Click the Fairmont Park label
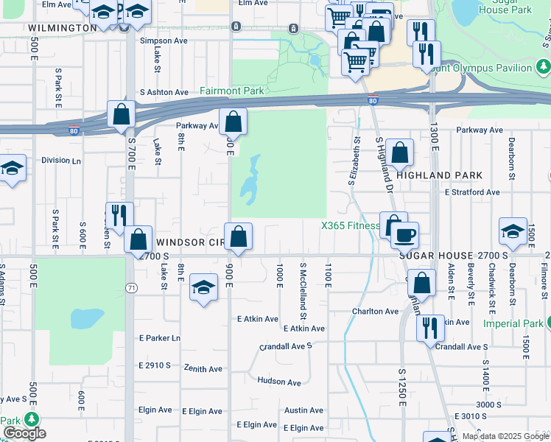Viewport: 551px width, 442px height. tap(231, 91)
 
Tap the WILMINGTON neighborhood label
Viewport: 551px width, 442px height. tap(62, 28)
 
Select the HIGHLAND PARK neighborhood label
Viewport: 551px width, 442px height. tap(439, 175)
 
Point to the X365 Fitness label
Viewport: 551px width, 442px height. tap(349, 226)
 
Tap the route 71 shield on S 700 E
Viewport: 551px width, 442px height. tap(130, 287)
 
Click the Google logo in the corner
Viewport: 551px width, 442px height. tap(24, 433)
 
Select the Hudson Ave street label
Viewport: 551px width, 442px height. tap(278, 382)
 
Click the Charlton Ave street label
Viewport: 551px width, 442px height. tap(374, 312)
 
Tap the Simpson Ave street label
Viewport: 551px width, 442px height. tap(164, 41)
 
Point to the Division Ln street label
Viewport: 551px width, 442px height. tap(61, 160)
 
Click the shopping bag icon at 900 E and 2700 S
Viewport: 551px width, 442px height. tap(239, 237)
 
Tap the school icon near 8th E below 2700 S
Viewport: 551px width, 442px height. tap(203, 287)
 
